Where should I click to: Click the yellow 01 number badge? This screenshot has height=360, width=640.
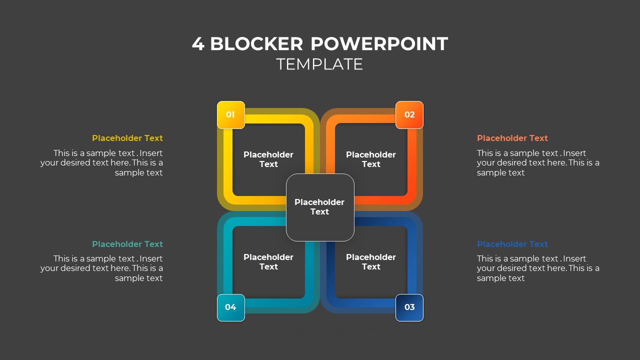pos(230,114)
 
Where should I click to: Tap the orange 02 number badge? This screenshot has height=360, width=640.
pos(409,114)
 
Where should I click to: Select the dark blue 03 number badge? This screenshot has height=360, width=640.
pos(409,307)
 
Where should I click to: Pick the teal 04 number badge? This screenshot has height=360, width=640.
pos(230,307)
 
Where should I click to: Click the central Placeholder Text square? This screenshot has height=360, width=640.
pos(319,207)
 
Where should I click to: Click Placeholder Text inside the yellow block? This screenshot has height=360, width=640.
pos(268,159)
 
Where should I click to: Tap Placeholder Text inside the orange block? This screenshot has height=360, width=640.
pos(371,159)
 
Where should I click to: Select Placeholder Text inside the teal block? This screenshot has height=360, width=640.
pos(268,262)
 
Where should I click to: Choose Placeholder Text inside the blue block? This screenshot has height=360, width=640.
pos(371,262)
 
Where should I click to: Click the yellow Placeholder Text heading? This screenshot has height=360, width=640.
pos(127,138)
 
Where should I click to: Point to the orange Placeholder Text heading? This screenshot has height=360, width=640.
pos(512,138)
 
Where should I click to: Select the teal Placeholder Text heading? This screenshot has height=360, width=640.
pos(127,244)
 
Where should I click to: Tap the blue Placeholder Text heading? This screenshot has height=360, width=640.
pos(512,244)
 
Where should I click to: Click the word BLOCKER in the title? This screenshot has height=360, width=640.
pos(256,44)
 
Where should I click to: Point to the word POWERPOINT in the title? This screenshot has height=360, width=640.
pos(379,44)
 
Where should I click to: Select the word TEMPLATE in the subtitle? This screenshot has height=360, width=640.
pos(319,64)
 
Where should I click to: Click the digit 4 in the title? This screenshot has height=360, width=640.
pos(198,44)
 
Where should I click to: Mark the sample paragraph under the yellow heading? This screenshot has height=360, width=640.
pos(102,163)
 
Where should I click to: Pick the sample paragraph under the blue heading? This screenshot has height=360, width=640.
pos(538,268)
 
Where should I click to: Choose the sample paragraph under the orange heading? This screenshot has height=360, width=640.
pos(538,163)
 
